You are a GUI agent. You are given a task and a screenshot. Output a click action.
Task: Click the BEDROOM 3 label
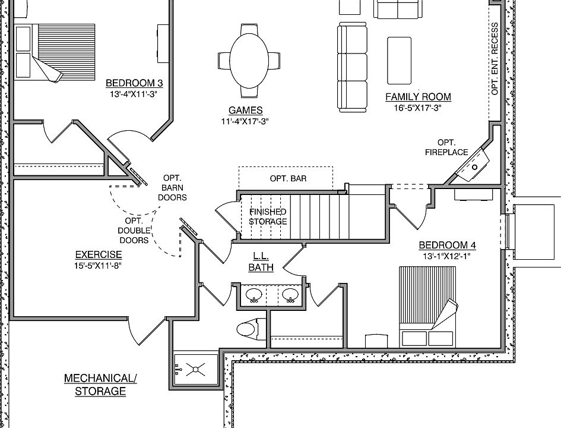pyautogui.click(x=134, y=83)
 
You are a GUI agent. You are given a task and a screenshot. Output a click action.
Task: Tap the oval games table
pyautogui.click(x=249, y=60)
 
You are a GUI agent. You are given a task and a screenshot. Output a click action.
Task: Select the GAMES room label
pyautogui.click(x=245, y=111)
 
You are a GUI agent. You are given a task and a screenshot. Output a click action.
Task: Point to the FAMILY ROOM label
pyautogui.click(x=418, y=97)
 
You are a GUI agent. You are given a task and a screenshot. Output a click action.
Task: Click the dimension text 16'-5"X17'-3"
pyautogui.click(x=418, y=108)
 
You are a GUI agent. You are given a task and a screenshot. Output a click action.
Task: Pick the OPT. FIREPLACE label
pyautogui.click(x=446, y=147)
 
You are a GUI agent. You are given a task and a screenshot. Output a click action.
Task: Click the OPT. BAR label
pyautogui.click(x=289, y=179)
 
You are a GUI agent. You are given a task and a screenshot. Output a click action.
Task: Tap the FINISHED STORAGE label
pyautogui.click(x=268, y=216)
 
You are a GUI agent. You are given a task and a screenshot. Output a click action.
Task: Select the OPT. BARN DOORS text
pyautogui.click(x=173, y=188)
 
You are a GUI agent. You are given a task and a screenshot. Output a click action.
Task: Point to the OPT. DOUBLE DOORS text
pyautogui.click(x=134, y=230)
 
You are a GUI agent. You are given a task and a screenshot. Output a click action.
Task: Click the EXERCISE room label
pyautogui.click(x=99, y=254)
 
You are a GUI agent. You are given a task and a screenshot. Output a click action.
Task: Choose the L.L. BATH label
pyautogui.click(x=261, y=262)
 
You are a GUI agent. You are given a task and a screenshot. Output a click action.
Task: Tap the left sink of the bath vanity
pyautogui.click(x=254, y=295)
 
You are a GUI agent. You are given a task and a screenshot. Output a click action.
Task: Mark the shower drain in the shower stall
pyautogui.click(x=195, y=370)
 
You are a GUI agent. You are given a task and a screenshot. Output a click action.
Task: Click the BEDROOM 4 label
pyautogui.click(x=447, y=245)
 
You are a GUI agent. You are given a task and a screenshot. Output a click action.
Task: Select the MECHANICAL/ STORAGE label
pyautogui.click(x=100, y=385)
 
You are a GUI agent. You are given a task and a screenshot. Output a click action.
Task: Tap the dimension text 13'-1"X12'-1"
pyautogui.click(x=447, y=256)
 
